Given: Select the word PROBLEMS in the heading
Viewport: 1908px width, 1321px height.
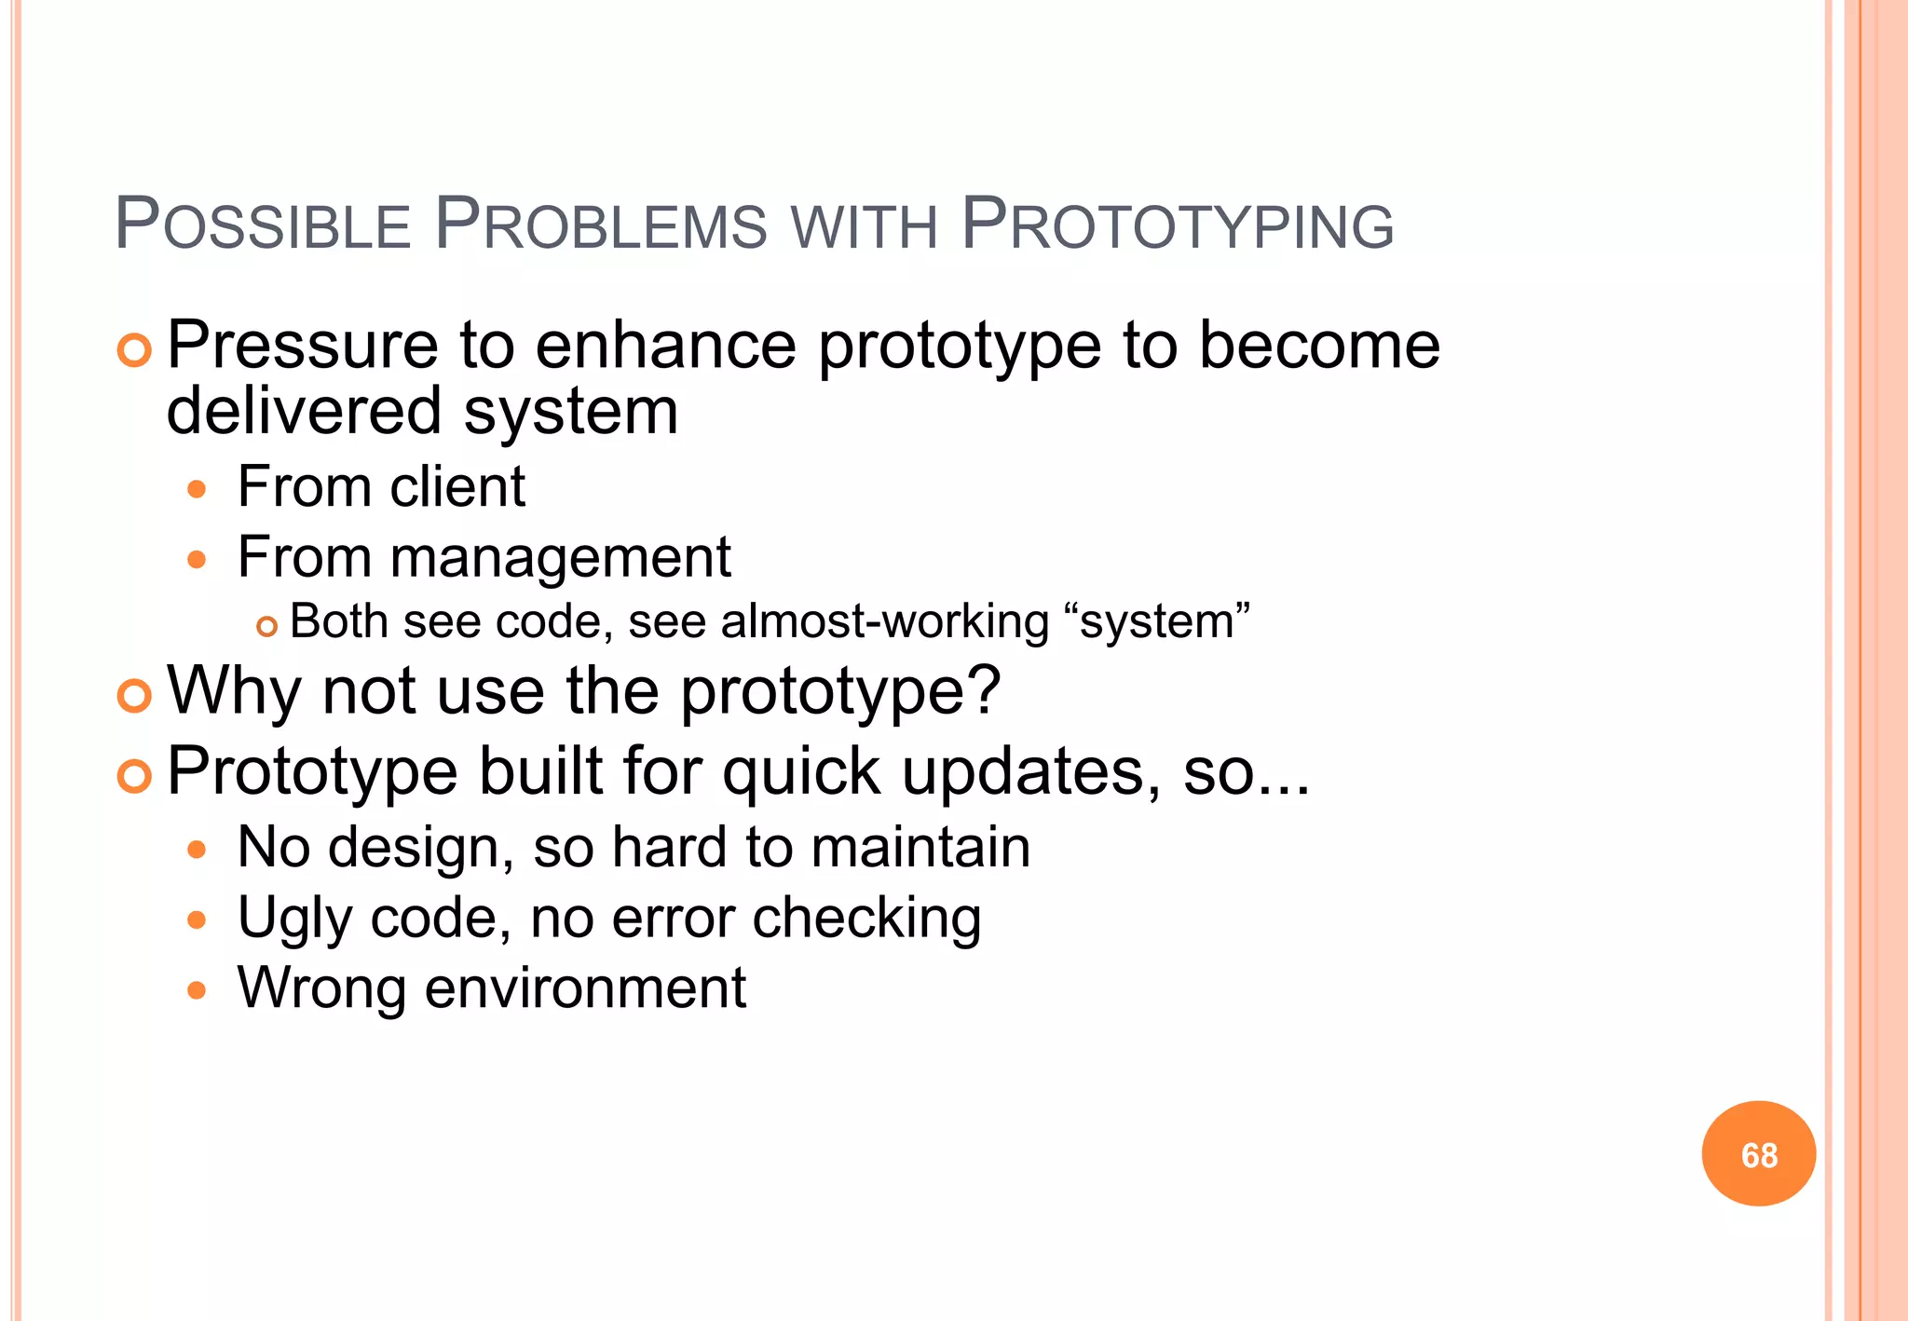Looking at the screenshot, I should tap(601, 225).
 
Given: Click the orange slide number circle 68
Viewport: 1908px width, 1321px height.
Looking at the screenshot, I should tap(1758, 1154).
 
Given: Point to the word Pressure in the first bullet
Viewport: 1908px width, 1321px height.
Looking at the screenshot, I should tap(302, 346).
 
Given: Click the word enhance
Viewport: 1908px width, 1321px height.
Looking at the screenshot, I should tap(666, 346).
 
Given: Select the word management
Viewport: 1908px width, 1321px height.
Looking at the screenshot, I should tap(560, 557).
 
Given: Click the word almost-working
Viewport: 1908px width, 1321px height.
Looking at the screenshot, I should tap(884, 621).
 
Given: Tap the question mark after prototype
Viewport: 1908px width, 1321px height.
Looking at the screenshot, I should tap(984, 690).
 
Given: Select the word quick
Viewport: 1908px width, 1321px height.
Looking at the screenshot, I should tap(801, 772).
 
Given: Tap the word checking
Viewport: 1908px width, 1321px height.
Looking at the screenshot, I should tap(866, 919).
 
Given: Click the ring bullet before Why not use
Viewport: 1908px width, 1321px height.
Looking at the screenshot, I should tap(135, 696).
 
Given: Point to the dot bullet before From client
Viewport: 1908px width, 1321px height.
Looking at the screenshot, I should tap(196, 489).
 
